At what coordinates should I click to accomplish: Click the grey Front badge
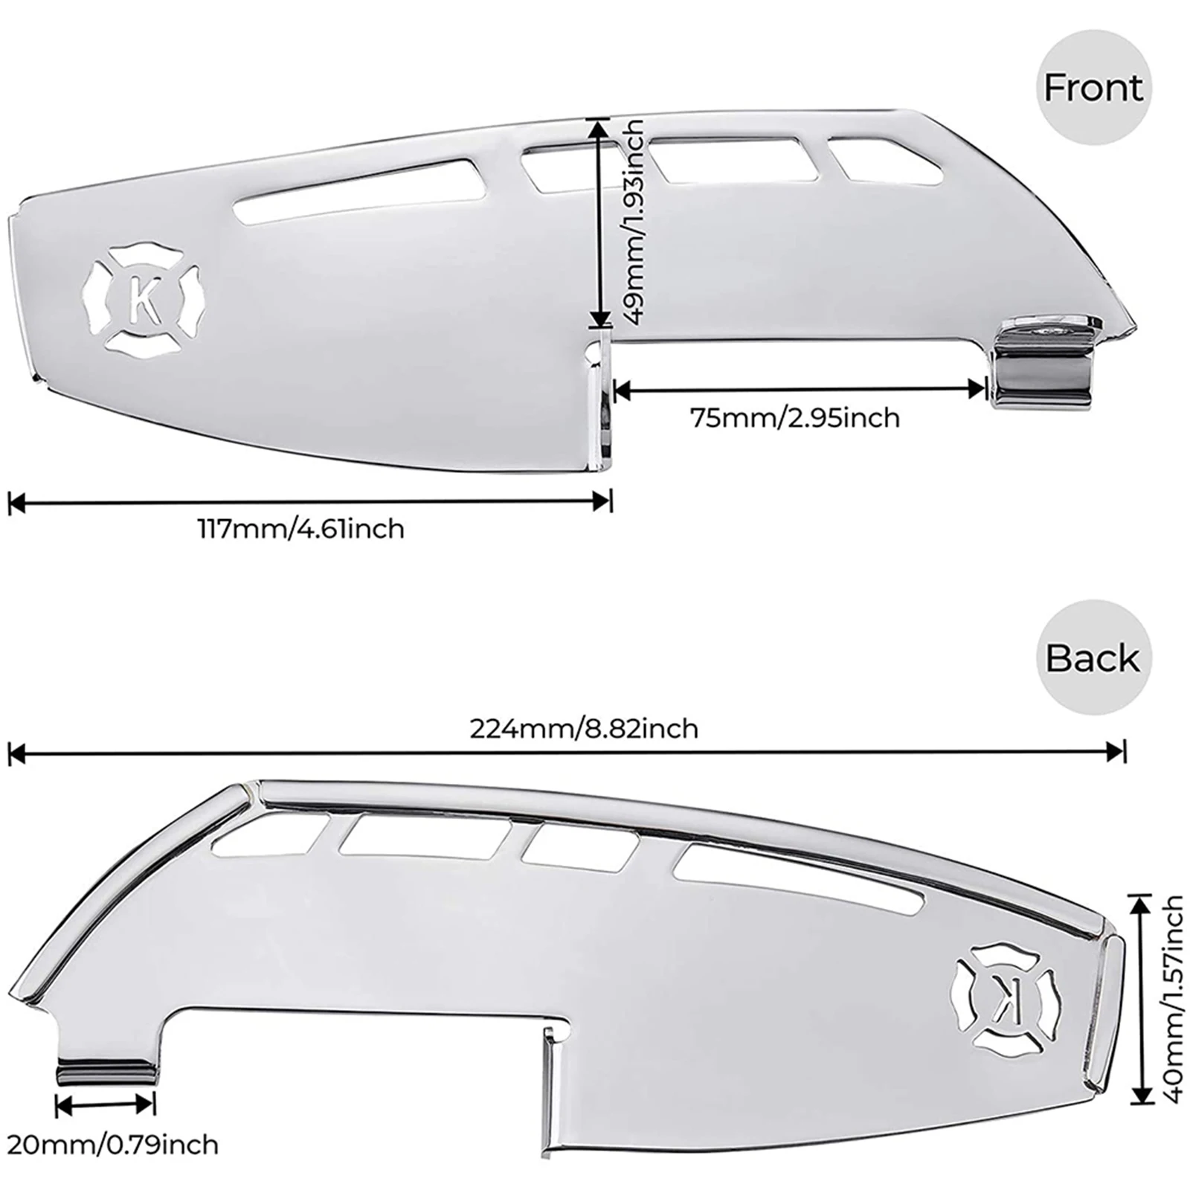[x=1093, y=88]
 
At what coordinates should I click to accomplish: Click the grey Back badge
[x=1093, y=657]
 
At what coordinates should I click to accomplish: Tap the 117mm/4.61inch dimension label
[x=300, y=530]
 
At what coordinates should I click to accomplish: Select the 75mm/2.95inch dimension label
[x=796, y=418]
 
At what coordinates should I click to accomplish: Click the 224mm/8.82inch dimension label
[x=584, y=728]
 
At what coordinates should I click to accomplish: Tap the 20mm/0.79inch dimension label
[x=112, y=1144]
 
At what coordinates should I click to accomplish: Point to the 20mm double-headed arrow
[x=106, y=1105]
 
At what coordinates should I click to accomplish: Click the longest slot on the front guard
[x=357, y=190]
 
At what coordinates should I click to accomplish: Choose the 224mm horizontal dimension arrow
[x=565, y=753]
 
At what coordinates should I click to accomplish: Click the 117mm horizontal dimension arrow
[x=309, y=502]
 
